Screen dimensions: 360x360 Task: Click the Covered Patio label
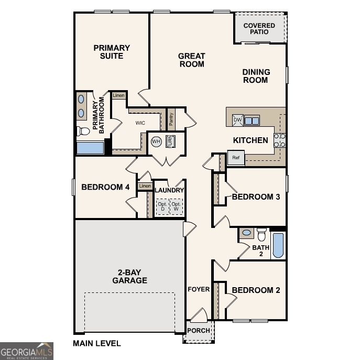click(259, 29)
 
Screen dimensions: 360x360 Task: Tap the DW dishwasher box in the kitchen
click(237, 120)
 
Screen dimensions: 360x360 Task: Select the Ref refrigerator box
click(236, 158)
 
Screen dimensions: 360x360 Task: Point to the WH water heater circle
click(156, 141)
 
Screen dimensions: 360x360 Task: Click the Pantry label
click(171, 119)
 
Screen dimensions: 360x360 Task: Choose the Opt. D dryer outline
click(162, 206)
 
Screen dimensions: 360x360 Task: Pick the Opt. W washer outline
click(177, 206)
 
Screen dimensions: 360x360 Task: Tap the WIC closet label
click(140, 123)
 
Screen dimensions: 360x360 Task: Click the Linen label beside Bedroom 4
click(145, 186)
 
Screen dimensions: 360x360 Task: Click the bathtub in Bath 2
click(278, 245)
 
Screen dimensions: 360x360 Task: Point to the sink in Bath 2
click(246, 232)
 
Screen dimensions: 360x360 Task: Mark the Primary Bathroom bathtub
click(90, 147)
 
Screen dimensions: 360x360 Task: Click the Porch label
click(199, 331)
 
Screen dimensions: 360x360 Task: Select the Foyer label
click(199, 289)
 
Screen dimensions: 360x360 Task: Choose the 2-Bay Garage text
click(129, 276)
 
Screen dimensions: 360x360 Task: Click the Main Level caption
click(96, 344)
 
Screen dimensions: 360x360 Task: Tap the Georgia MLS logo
click(27, 351)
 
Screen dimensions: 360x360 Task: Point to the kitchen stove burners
click(280, 140)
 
